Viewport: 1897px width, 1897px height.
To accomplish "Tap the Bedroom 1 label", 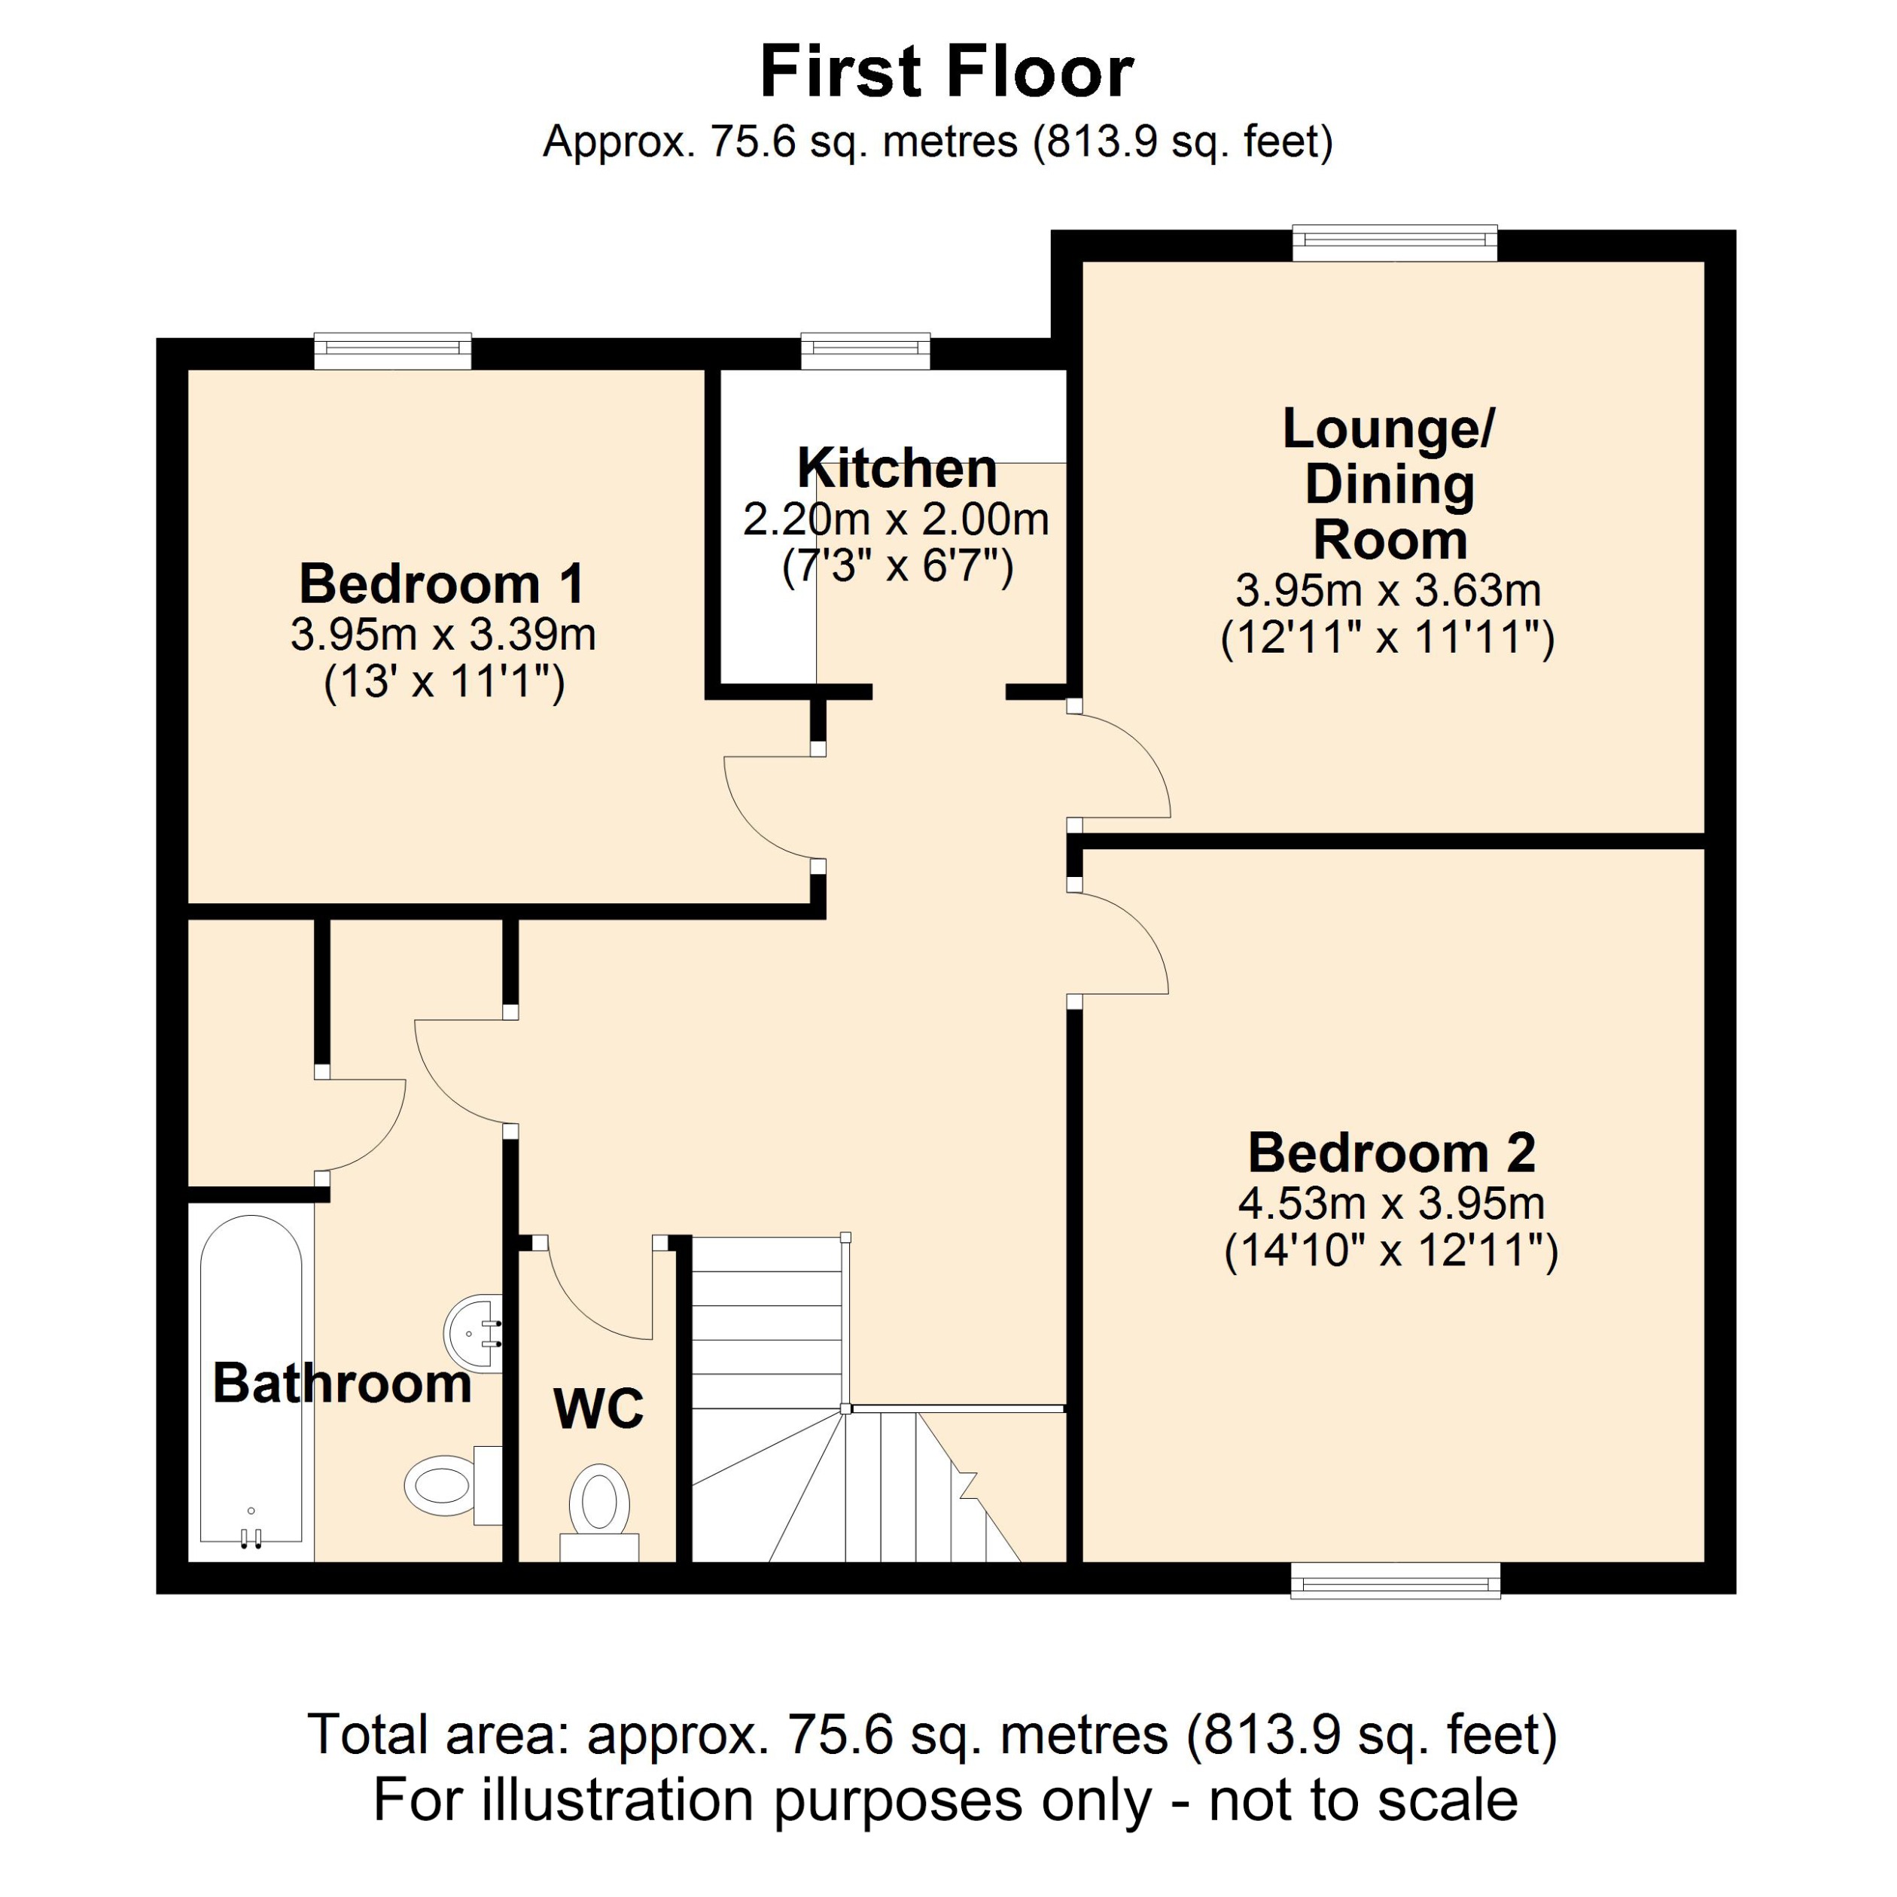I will click(441, 584).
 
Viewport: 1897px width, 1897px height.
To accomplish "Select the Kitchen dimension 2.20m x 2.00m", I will click(896, 519).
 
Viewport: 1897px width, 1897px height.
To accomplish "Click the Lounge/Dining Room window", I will click(1394, 242).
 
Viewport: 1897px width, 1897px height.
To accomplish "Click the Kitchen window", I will click(865, 351).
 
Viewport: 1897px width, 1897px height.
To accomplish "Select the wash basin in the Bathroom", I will click(475, 1333).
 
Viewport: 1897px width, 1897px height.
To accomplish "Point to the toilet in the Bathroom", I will click(446, 1484).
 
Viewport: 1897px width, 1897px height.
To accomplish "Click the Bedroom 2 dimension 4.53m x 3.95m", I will click(1391, 1203).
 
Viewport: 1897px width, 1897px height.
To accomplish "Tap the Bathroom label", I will click(342, 1384).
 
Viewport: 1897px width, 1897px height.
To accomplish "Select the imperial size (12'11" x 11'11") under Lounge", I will click(1387, 638).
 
